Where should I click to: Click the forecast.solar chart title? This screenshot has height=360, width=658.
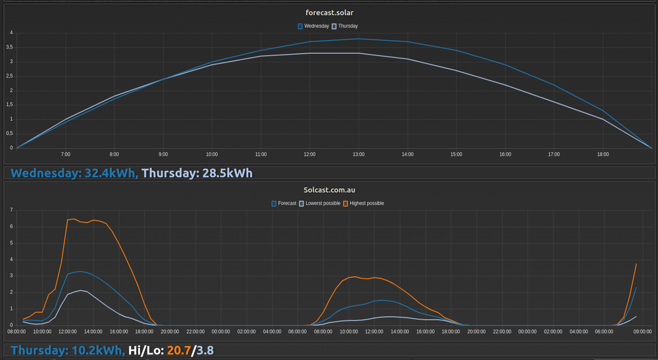click(329, 13)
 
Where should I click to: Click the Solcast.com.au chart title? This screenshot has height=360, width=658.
click(329, 190)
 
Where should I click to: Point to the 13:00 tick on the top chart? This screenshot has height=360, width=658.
click(359, 154)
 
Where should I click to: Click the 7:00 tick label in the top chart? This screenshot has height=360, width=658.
click(65, 154)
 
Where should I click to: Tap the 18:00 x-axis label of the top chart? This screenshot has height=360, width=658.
click(603, 154)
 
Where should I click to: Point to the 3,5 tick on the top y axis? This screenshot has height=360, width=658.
click(10, 47)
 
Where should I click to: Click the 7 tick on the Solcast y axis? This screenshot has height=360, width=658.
click(11, 210)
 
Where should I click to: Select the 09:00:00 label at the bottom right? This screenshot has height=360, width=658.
click(642, 332)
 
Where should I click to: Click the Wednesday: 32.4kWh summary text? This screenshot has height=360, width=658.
click(74, 173)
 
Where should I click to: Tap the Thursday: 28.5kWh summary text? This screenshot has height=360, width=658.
click(197, 173)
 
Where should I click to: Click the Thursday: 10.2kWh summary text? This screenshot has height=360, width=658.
click(67, 350)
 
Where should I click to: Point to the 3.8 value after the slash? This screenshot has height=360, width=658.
click(205, 350)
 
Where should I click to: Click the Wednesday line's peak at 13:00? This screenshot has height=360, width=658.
click(359, 39)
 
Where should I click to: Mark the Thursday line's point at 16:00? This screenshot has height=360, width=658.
click(505, 85)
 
